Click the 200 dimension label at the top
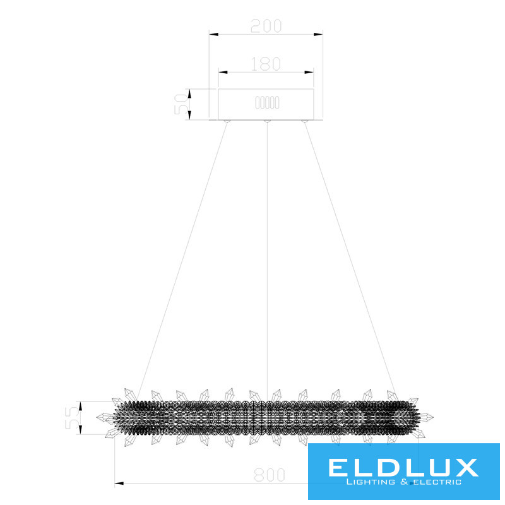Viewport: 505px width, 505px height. tap(266, 26)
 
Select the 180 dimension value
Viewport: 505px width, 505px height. tap(266, 64)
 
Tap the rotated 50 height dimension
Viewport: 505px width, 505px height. tap(181, 104)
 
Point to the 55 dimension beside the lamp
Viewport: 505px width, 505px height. tap(71, 418)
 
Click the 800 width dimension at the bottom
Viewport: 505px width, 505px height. tap(270, 475)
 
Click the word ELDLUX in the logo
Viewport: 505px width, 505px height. tap(403, 468)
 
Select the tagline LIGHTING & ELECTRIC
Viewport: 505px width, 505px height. tap(403, 482)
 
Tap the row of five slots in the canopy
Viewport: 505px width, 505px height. tap(267, 103)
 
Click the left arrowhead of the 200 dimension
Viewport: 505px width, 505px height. tap(213, 34)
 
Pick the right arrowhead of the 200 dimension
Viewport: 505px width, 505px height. tap(318, 34)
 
